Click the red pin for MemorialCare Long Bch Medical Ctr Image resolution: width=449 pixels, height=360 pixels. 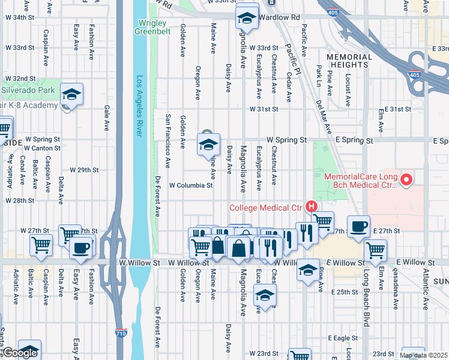(406, 179)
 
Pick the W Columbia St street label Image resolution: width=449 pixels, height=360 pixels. (191, 185)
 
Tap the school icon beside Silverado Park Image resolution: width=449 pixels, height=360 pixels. (71, 94)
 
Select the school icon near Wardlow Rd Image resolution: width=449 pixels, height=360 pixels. (246, 18)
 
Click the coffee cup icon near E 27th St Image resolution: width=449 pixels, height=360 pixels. (359, 226)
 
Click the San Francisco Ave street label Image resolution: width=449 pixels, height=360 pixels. (168, 140)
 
